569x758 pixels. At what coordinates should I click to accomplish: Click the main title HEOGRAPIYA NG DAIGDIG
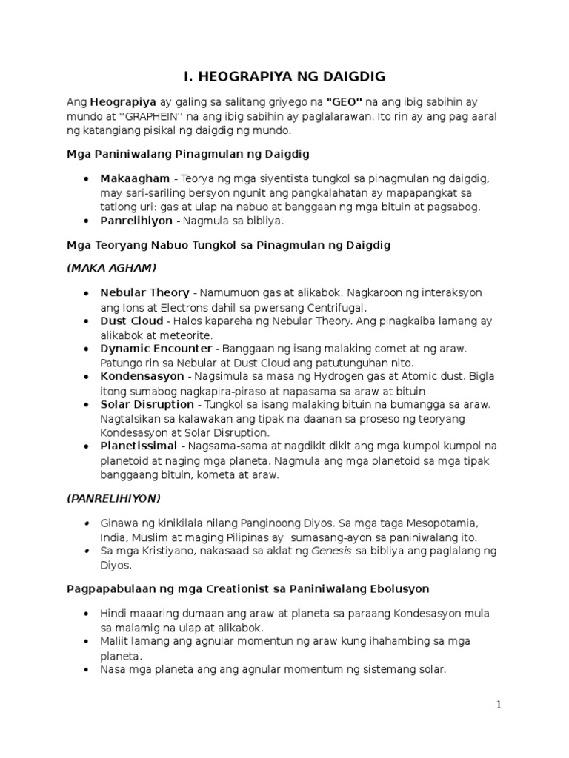point(284,76)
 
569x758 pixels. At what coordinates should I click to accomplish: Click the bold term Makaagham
point(133,179)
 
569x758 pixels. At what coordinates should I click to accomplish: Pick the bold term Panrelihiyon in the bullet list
point(135,221)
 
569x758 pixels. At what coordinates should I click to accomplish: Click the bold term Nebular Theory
point(144,293)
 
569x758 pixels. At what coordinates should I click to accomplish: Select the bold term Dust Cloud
point(131,321)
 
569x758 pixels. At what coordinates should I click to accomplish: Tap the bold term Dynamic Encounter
point(156,349)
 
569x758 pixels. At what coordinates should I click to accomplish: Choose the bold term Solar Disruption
point(147,405)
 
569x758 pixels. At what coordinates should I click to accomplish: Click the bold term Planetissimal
point(139,446)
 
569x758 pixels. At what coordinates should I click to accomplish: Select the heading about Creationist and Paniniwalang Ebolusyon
point(250,589)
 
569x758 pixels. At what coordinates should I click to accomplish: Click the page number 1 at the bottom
point(499,705)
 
